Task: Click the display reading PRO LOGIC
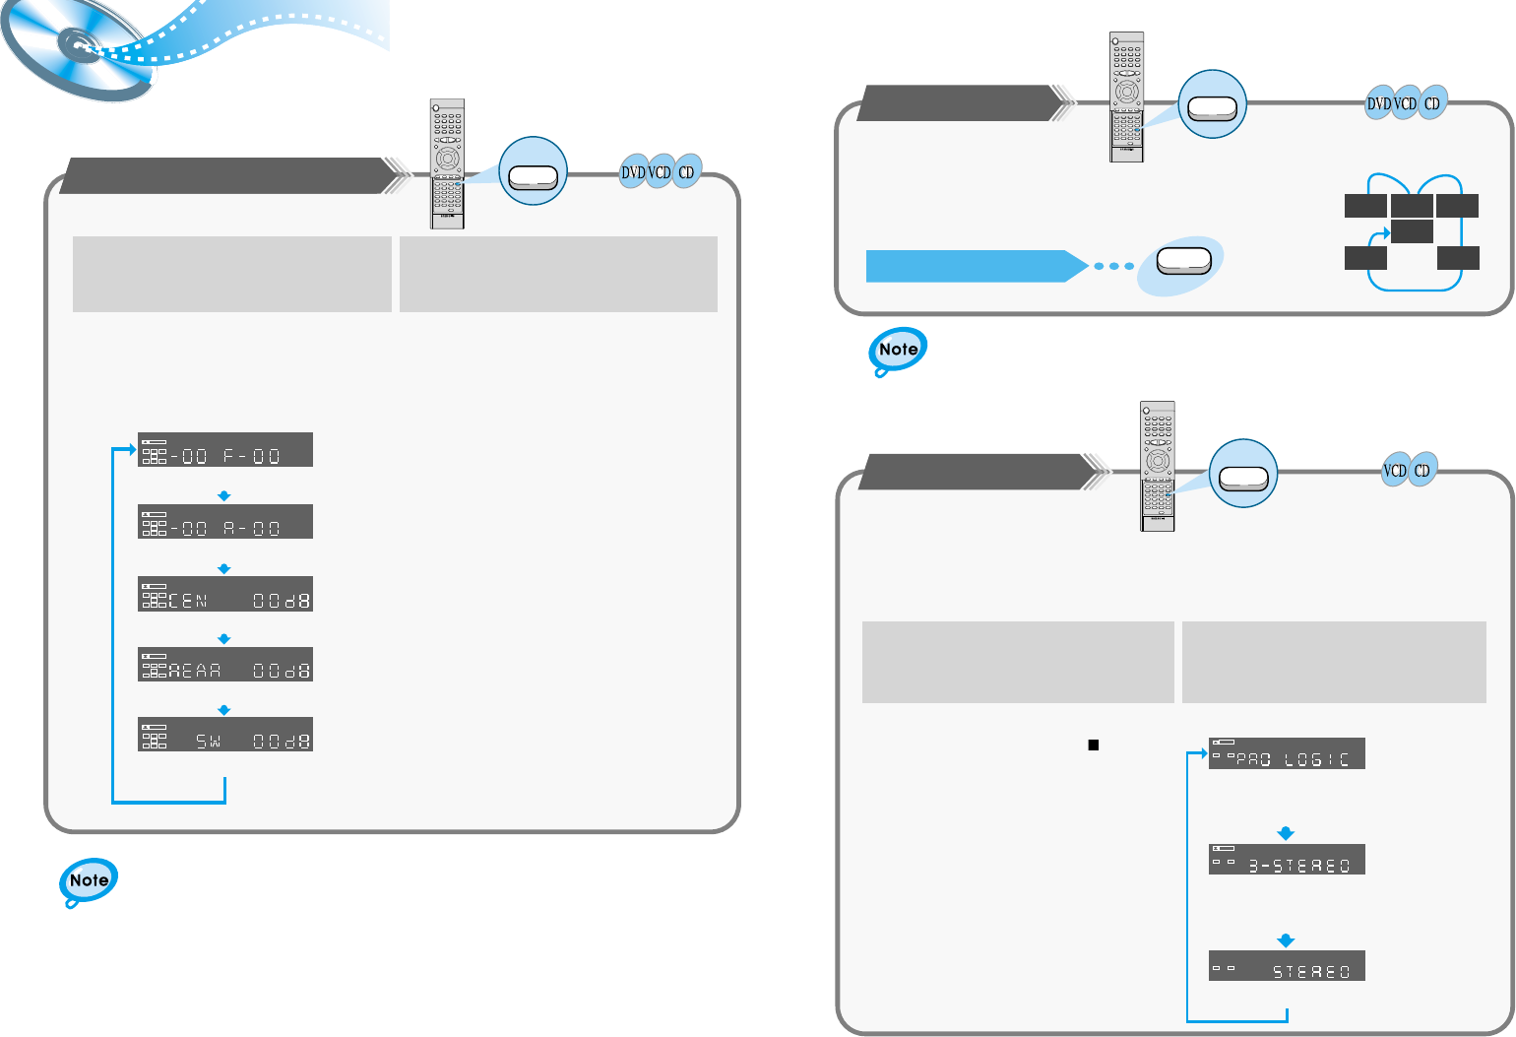[x=1287, y=753]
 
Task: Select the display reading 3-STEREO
[x=1287, y=860]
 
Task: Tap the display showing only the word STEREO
[x=1287, y=966]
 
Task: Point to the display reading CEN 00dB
[x=225, y=595]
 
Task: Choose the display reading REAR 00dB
[x=225, y=665]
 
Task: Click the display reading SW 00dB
[x=225, y=735]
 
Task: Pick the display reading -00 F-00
[x=225, y=450]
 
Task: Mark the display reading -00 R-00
[x=225, y=522]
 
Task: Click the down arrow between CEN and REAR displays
[x=224, y=639]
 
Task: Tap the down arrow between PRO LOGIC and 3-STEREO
[x=1285, y=833]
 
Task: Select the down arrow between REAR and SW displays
[x=224, y=710]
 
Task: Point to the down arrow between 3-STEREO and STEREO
[x=1285, y=940]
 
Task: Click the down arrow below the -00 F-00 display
[x=224, y=495]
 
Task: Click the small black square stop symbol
[x=1093, y=745]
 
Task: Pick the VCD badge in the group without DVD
[x=1395, y=471]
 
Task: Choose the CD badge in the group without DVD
[x=1422, y=471]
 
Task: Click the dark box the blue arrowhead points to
[x=1412, y=231]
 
